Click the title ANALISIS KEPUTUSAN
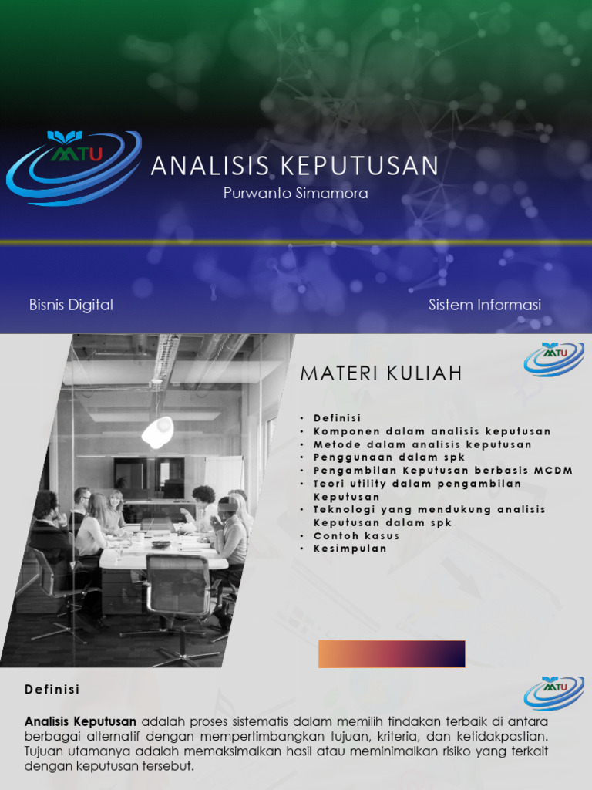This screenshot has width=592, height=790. [x=294, y=166]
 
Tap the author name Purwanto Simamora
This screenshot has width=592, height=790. [x=295, y=194]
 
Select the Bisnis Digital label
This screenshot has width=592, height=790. [x=71, y=305]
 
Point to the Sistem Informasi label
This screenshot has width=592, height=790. [x=485, y=305]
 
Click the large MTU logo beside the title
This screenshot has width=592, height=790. [x=74, y=167]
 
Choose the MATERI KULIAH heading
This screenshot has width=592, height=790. [x=381, y=374]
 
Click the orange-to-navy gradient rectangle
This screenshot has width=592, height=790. [x=392, y=653]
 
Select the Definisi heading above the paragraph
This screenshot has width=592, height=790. [x=52, y=689]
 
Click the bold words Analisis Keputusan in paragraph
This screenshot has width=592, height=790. [x=81, y=721]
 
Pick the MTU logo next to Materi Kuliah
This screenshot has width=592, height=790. [x=553, y=358]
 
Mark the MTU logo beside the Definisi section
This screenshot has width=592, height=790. [x=553, y=691]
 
